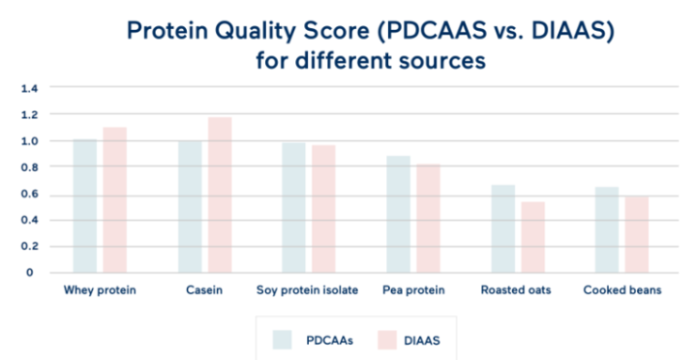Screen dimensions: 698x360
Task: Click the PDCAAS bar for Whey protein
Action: [85, 206]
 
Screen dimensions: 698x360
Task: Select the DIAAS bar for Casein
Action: [220, 196]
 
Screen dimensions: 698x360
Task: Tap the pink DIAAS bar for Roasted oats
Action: [533, 238]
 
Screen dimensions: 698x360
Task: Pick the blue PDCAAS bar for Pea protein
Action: [398, 214]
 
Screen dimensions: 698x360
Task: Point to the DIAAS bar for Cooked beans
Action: [637, 235]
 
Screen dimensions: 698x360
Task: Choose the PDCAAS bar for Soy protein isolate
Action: [294, 208]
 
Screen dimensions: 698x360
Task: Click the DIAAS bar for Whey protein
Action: [115, 200]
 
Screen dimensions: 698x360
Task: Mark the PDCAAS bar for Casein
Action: [190, 207]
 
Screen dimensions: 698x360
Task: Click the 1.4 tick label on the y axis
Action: [29, 88]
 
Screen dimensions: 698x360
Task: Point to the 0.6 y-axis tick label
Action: [29, 195]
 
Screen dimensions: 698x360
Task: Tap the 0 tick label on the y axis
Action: [29, 273]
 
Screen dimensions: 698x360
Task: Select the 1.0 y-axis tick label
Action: [29, 141]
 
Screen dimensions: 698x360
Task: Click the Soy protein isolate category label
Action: [307, 290]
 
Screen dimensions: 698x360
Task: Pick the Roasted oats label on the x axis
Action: [516, 290]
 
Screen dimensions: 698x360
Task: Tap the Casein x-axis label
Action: [204, 290]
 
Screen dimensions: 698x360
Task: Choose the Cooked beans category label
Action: [622, 290]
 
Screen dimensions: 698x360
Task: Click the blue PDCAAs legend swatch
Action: [282, 340]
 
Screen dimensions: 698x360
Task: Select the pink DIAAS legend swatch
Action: [387, 340]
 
